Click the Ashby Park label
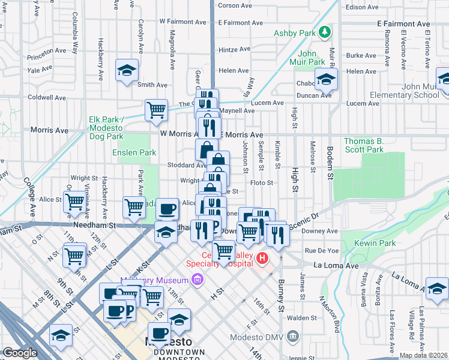click(294, 32)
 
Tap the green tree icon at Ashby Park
click(324, 31)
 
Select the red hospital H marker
click(262, 259)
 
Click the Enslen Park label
click(134, 153)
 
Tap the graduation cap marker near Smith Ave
click(127, 71)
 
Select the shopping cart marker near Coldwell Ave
click(156, 110)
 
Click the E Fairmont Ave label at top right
click(405, 23)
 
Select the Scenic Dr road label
click(304, 224)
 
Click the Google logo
click(20, 352)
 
